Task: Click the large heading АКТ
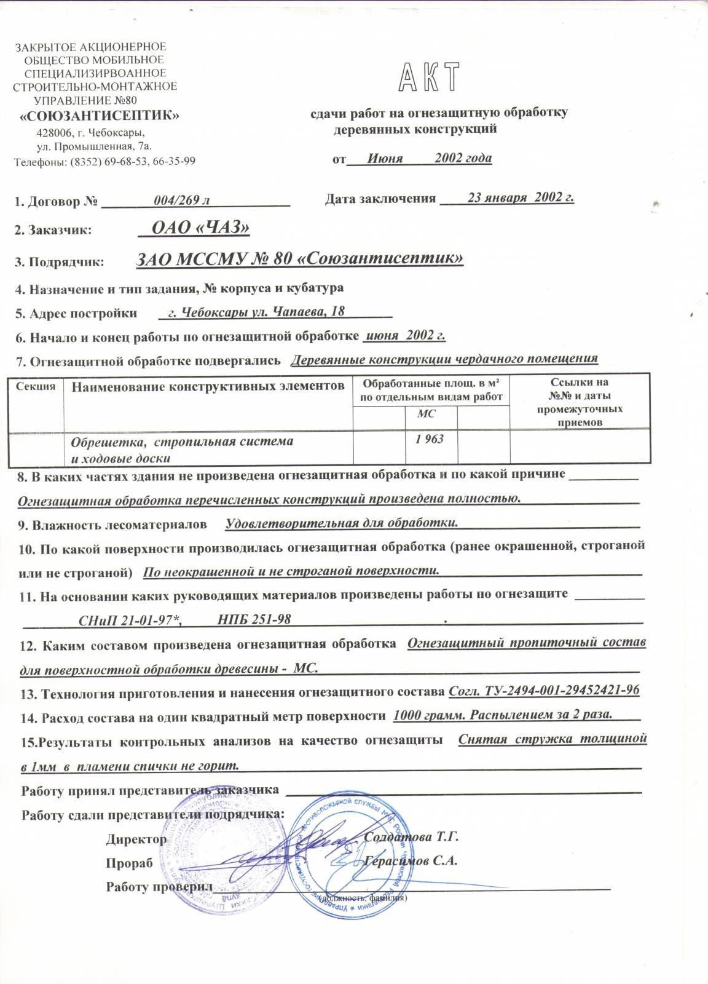(430, 78)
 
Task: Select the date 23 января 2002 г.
(521, 197)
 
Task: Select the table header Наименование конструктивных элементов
(208, 386)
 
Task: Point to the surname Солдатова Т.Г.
(412, 838)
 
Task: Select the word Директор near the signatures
(136, 839)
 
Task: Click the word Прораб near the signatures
(129, 863)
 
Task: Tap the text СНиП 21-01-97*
(130, 619)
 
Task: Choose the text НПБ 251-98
(254, 619)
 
